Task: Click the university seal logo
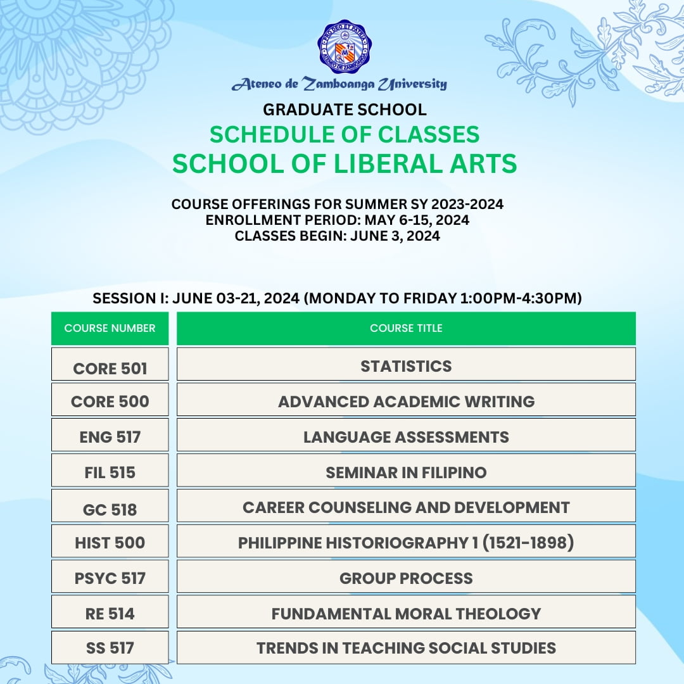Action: [345, 46]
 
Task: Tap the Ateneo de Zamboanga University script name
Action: [339, 84]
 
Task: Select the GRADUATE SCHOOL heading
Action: [345, 110]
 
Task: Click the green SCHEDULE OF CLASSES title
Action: [345, 134]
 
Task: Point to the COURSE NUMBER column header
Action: [110, 328]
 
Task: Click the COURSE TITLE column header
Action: [406, 328]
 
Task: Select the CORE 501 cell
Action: [110, 368]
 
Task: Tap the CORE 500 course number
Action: [110, 402]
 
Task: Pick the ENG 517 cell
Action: [110, 437]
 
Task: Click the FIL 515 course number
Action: [110, 472]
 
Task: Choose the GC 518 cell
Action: [110, 509]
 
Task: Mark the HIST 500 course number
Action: [110, 543]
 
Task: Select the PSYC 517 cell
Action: [110, 578]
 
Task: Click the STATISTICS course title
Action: [406, 366]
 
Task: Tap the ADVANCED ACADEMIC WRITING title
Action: [406, 402]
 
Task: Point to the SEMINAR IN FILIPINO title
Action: [406, 472]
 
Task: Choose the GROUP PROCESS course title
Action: [406, 578]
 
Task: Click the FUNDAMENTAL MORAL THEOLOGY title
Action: [406, 614]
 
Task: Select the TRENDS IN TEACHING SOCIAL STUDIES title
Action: [406, 648]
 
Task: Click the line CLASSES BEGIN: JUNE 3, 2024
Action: [337, 236]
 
